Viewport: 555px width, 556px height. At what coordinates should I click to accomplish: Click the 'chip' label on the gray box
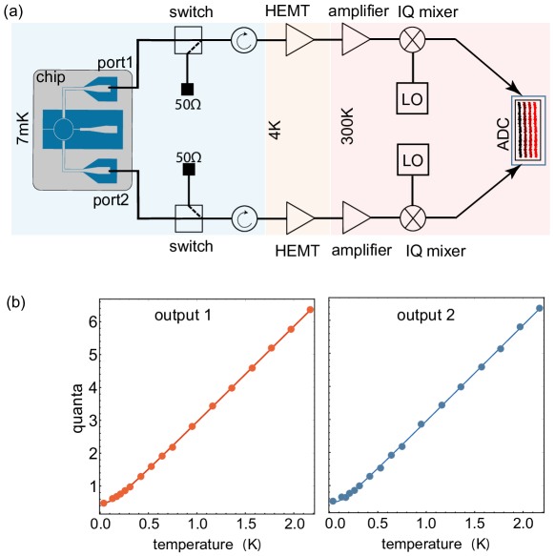pyautogui.click(x=50, y=77)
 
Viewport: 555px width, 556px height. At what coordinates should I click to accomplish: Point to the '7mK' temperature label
pyautogui.click(x=23, y=128)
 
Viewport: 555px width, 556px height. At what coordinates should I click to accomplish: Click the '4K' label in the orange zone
pyautogui.click(x=275, y=129)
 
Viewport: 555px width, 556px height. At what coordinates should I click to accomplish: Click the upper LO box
pyautogui.click(x=412, y=97)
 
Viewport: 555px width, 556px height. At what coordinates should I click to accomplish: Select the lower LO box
pyautogui.click(x=412, y=159)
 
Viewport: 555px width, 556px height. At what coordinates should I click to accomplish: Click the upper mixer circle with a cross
pyautogui.click(x=412, y=40)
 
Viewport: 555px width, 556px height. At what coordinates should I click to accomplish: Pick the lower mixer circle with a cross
pyautogui.click(x=412, y=217)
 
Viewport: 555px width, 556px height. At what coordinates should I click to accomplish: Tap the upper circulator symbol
pyautogui.click(x=244, y=40)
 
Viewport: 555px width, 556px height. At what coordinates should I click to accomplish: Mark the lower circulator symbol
pyautogui.click(x=244, y=218)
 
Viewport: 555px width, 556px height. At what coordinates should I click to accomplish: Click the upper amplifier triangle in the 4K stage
pyautogui.click(x=298, y=40)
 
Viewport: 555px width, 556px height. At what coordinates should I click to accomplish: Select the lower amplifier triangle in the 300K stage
pyautogui.click(x=356, y=217)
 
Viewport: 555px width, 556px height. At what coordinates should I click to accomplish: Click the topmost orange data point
pyautogui.click(x=311, y=309)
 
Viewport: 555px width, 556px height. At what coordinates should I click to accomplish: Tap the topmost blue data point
pyautogui.click(x=539, y=308)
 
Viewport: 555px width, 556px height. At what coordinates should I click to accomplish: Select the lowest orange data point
pyautogui.click(x=104, y=503)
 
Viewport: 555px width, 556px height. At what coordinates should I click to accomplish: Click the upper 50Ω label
pyautogui.click(x=188, y=105)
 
